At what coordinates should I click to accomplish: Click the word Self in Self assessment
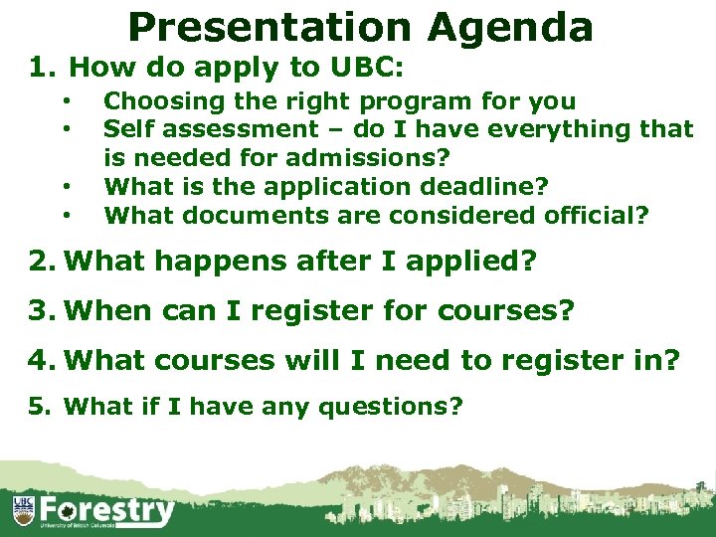point(126,128)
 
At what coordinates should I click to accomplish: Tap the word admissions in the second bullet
point(367,157)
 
